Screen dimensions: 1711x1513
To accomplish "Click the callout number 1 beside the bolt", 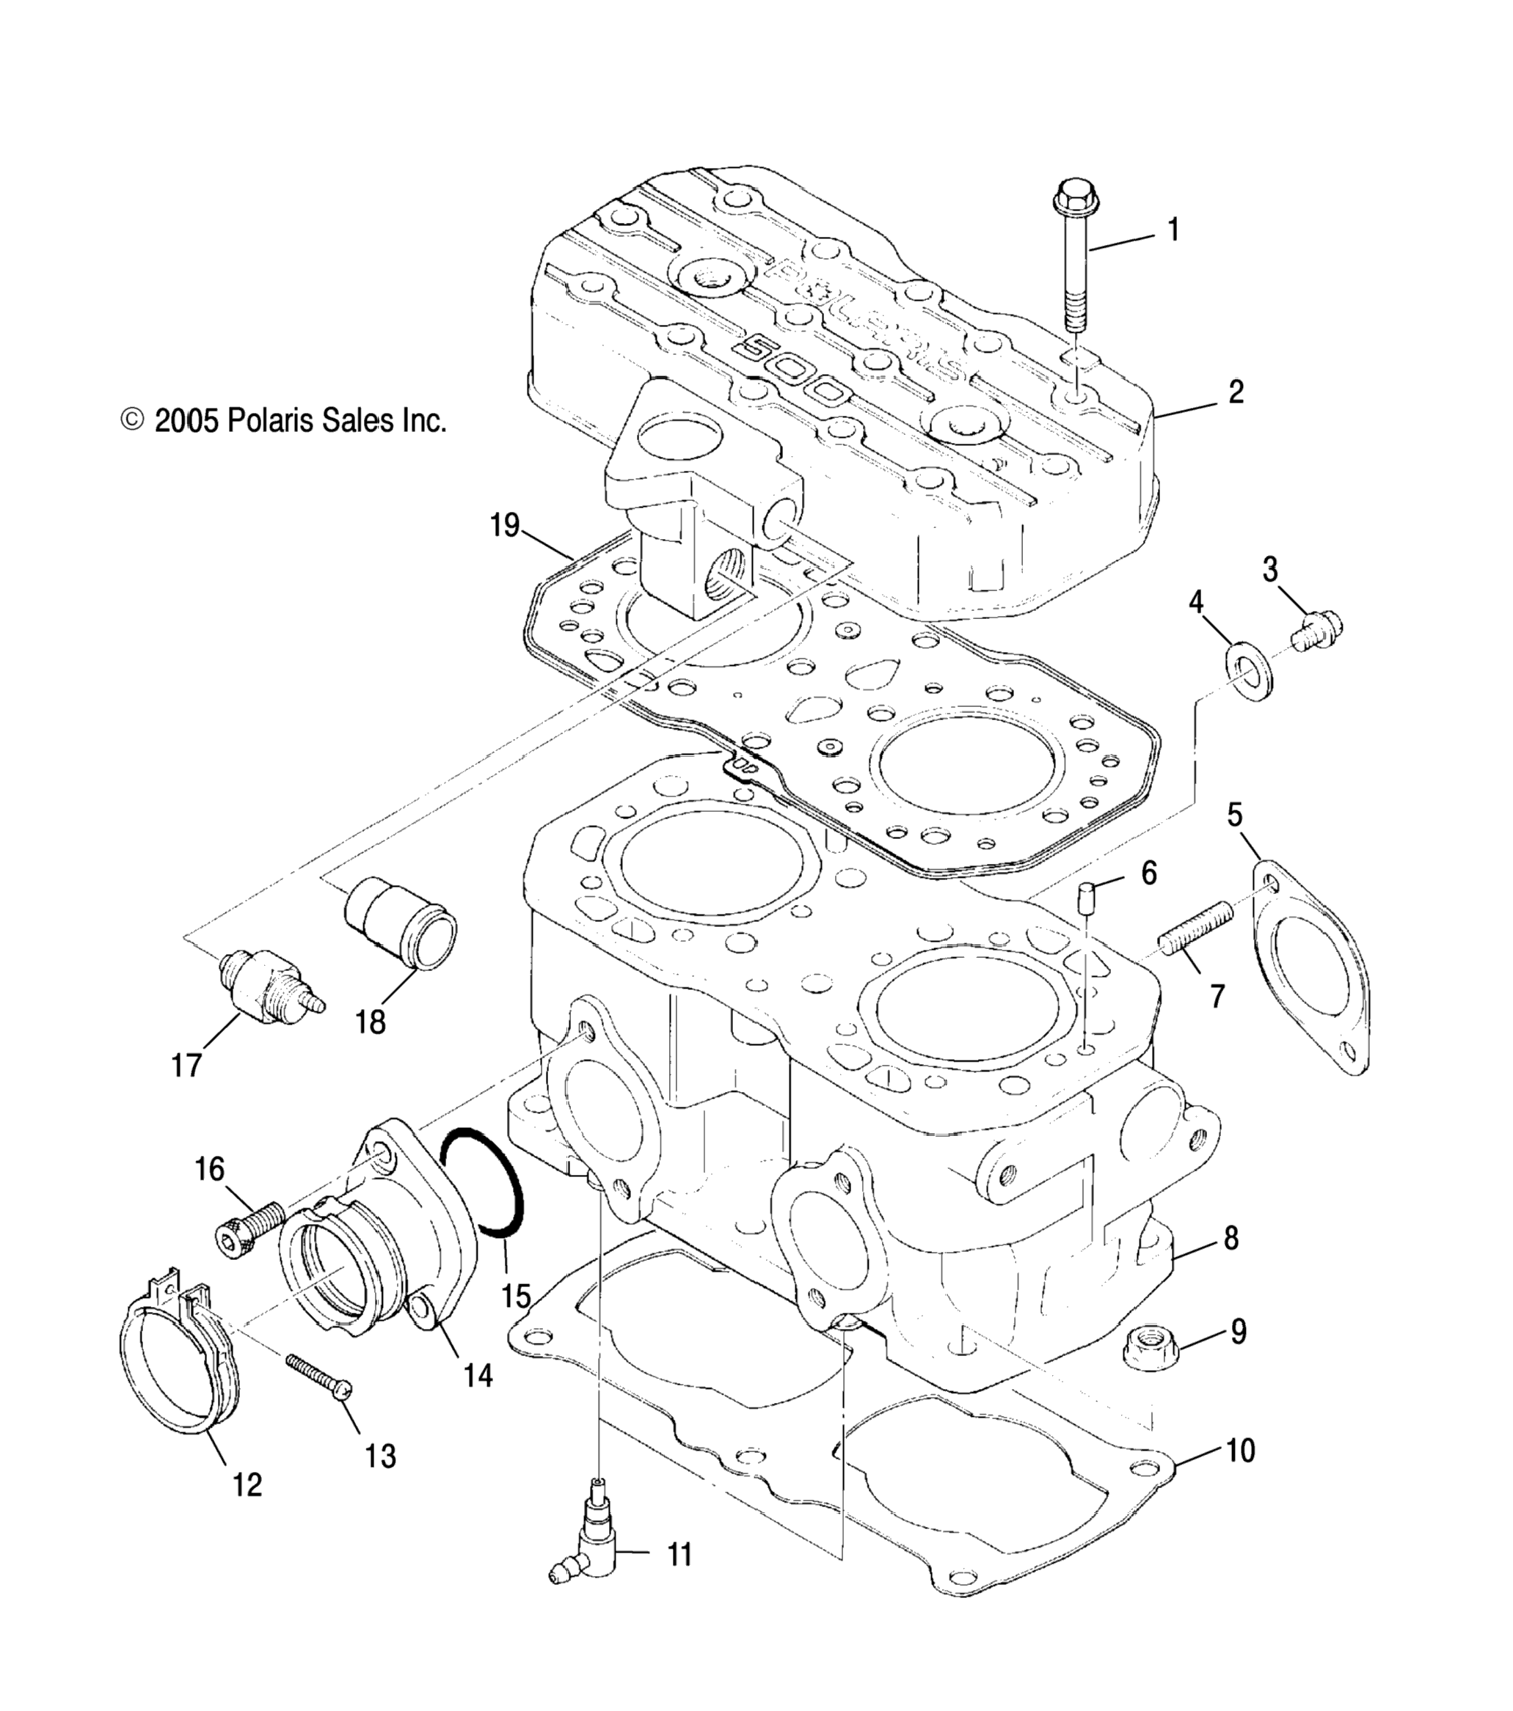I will point(1173,230).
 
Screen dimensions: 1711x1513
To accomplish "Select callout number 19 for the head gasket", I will point(505,526).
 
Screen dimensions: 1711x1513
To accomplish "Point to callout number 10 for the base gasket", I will point(1239,1451).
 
